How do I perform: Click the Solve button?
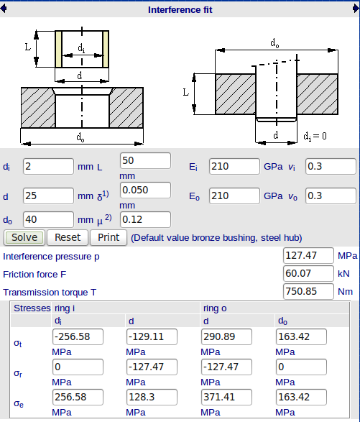(24, 238)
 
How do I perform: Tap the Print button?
(109, 238)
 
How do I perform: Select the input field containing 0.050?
(145, 191)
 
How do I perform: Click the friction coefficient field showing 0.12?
(145, 219)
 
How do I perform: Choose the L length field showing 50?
(145, 161)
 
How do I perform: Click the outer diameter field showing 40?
(48, 219)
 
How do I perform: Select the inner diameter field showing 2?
(48, 167)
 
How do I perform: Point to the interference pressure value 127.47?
(308, 255)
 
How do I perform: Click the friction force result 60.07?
(308, 273)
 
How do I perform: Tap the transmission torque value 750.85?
(308, 291)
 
